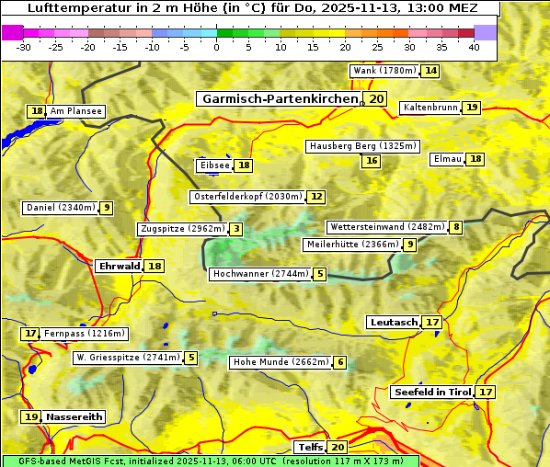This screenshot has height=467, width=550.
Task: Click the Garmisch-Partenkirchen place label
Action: (280, 98)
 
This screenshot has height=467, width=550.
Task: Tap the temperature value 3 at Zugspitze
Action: (236, 229)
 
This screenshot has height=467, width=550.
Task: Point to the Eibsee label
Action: (214, 165)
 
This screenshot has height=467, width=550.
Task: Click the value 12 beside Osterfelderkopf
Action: (316, 197)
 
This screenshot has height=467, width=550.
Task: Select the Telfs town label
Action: (310, 448)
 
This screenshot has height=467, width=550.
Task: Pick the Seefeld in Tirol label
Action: (431, 392)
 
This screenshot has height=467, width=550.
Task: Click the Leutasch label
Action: (393, 322)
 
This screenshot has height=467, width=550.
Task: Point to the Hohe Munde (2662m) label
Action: (280, 362)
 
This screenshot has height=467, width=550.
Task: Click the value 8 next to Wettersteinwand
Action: (456, 227)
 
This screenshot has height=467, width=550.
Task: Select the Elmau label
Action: (447, 159)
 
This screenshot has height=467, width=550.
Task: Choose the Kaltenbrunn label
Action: (430, 108)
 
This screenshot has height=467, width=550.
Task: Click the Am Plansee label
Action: (75, 111)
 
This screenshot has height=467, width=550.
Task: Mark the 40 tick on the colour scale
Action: (474, 47)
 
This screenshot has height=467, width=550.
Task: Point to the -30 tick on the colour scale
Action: (24, 47)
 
